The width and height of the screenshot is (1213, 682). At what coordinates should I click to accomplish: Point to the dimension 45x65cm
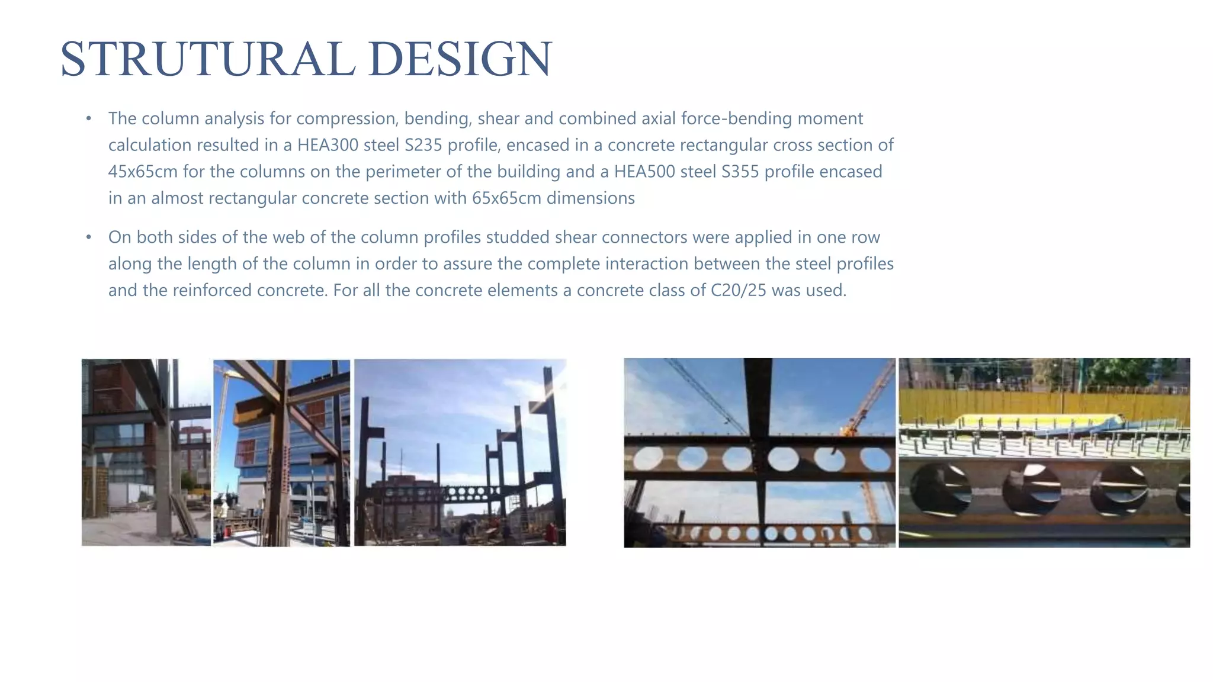143,172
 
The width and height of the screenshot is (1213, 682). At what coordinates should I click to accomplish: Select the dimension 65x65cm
506,198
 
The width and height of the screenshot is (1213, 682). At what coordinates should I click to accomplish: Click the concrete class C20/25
739,290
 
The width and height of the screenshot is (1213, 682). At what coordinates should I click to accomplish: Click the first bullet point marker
88,118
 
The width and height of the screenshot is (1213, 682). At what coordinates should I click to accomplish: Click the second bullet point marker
88,237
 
